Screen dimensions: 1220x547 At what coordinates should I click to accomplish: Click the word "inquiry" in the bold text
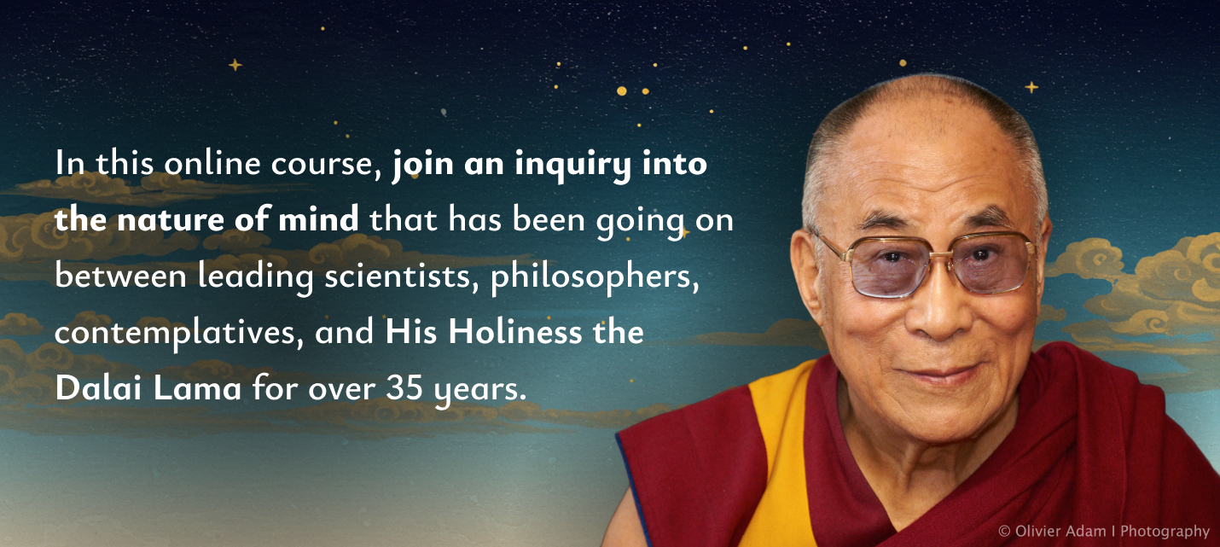572,166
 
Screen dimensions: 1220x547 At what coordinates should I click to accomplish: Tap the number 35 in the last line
404,387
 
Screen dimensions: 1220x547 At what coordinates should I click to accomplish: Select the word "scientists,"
401,276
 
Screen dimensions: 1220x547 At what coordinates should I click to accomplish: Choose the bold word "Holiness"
515,332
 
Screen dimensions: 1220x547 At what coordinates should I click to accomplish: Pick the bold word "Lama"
197,387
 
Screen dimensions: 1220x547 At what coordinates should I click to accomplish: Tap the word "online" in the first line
212,163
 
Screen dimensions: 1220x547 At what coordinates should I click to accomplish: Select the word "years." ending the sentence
480,390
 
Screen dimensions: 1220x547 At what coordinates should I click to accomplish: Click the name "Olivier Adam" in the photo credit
1060,531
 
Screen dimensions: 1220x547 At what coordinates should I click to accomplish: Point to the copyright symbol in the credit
1004,531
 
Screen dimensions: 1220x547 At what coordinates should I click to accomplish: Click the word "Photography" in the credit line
1165,532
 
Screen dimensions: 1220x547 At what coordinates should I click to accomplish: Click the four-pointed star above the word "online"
235,65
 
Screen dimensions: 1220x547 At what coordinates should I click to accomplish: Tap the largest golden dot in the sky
621,91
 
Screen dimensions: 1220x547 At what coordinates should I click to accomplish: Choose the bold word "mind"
318,219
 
